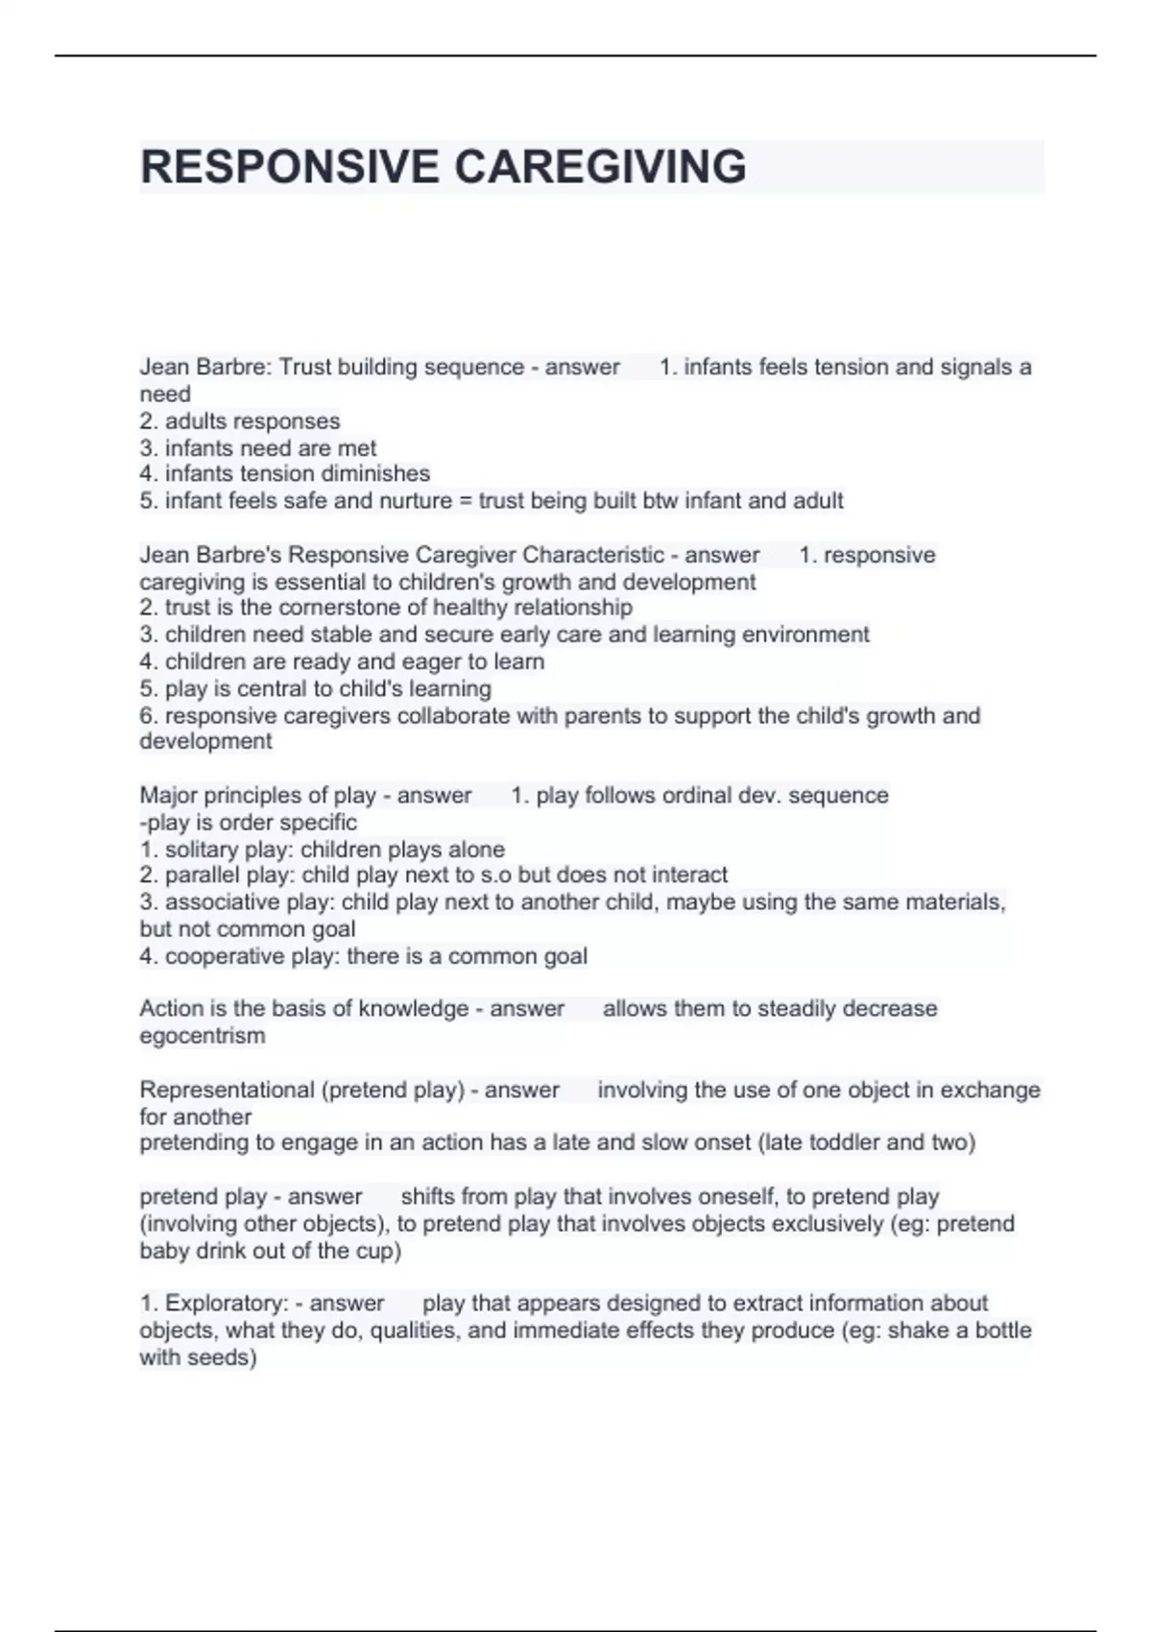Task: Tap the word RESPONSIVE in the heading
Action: point(289,167)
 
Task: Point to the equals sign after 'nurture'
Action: point(465,500)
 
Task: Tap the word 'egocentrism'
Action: point(203,1036)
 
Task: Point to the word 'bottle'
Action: point(998,1331)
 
